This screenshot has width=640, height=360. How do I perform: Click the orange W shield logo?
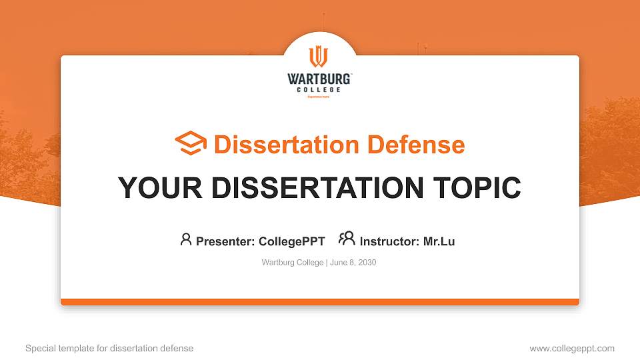(319, 57)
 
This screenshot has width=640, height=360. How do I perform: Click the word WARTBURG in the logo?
(319, 79)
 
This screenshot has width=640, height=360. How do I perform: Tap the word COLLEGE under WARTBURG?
(319, 89)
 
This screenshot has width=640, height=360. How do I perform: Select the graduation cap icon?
(191, 143)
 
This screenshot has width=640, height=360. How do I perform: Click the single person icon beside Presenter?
(186, 239)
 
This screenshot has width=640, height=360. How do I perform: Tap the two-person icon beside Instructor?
(347, 239)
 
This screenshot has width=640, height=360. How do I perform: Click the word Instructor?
(390, 241)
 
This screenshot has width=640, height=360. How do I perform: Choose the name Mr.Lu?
(439, 241)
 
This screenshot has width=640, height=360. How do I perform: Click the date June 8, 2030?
(353, 263)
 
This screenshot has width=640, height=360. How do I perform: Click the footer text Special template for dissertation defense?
(109, 348)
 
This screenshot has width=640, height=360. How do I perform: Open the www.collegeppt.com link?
(572, 348)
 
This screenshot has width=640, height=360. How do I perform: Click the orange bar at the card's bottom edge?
(320, 302)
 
